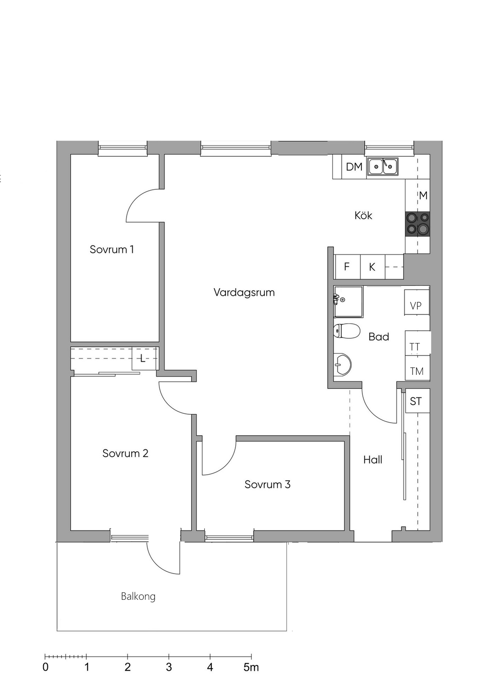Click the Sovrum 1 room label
(112, 249)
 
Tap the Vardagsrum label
(244, 292)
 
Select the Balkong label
(138, 596)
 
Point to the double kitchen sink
(382, 166)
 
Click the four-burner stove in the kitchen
(418, 223)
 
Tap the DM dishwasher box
(354, 167)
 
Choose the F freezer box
(347, 267)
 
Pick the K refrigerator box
(372, 267)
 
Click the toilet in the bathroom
(347, 331)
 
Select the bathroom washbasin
(343, 364)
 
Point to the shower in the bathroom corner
(348, 301)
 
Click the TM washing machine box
(417, 371)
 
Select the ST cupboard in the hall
(416, 401)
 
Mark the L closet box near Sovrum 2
(143, 359)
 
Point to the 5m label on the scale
(251, 667)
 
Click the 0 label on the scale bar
(45, 667)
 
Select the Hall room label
(373, 460)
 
